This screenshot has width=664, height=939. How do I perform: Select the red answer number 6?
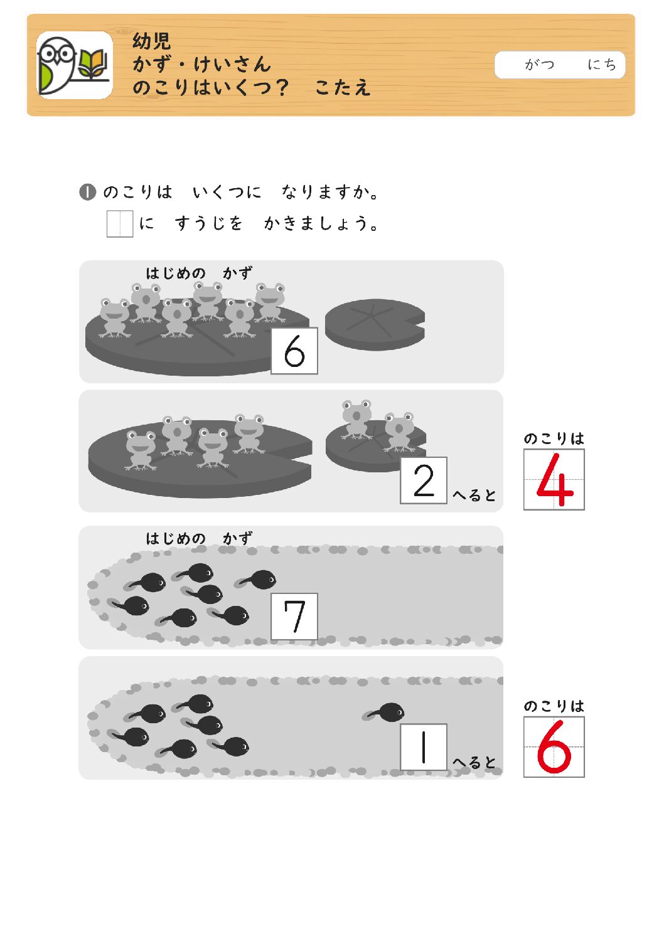[554, 746]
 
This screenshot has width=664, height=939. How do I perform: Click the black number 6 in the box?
[294, 351]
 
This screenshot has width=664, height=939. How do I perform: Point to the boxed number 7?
[294, 616]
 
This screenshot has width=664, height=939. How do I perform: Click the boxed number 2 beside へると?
[424, 480]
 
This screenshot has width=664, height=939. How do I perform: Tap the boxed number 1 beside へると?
[424, 747]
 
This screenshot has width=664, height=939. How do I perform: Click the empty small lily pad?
[375, 324]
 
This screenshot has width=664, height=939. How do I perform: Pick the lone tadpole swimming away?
[383, 712]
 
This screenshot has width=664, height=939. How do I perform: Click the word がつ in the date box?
[539, 65]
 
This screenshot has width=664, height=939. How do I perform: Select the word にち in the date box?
[602, 65]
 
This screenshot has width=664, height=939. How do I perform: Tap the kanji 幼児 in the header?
[151, 41]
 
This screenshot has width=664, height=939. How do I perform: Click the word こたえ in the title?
[343, 87]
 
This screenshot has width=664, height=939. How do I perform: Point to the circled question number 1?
[88, 193]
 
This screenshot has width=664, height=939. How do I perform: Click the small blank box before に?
[120, 224]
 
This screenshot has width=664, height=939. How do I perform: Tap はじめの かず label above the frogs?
[199, 273]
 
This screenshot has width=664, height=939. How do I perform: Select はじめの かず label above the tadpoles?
[199, 539]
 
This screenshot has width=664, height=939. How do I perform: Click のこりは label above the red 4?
[554, 438]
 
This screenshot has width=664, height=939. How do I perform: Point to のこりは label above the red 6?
[554, 706]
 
